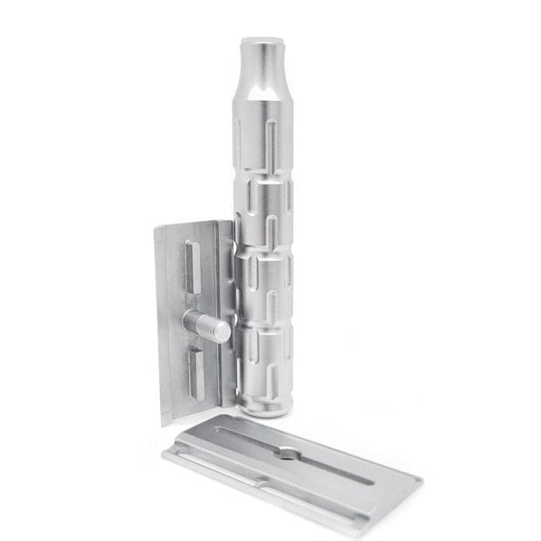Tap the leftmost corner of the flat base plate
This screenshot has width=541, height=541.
163,454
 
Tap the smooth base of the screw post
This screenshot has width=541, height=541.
193,322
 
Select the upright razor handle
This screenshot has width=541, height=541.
265,218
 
